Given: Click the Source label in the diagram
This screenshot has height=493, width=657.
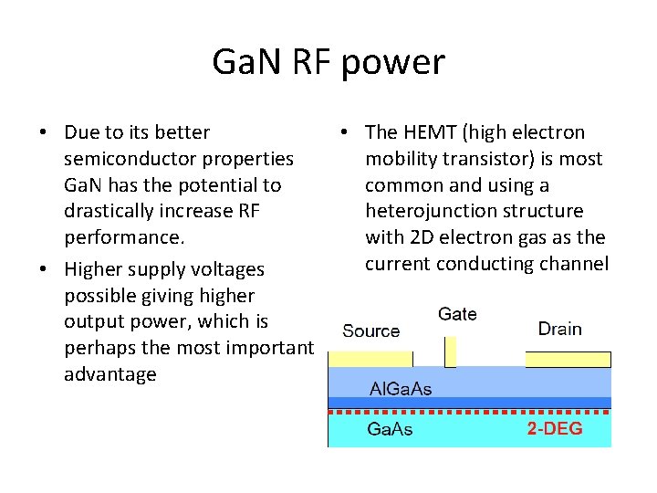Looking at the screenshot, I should (x=370, y=330).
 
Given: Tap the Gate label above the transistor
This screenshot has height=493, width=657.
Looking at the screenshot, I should (x=457, y=314).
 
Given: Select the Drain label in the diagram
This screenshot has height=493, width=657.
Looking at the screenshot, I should (x=559, y=329).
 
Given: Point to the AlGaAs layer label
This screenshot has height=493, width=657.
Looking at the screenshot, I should (x=400, y=389).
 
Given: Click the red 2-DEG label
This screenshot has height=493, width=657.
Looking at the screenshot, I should (x=555, y=429).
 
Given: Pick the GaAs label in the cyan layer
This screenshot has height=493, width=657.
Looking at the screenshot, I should (x=390, y=429).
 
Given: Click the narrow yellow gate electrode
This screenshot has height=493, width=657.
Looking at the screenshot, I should (x=450, y=351).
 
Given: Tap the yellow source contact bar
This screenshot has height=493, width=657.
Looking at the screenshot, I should (x=377, y=359).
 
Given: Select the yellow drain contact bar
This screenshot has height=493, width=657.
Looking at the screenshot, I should (x=568, y=359).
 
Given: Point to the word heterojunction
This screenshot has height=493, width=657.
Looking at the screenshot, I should (x=422, y=212).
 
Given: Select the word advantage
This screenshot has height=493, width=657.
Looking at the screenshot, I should (x=110, y=374).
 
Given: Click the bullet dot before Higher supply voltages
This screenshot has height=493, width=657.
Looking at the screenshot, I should (x=44, y=270).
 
